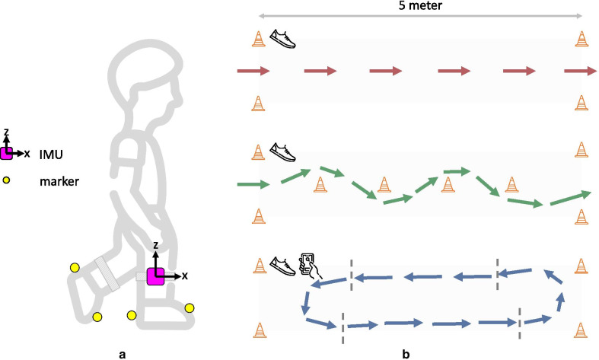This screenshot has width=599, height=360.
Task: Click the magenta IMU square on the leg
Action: [x=156, y=276]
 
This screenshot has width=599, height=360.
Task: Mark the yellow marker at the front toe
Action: [x=190, y=307]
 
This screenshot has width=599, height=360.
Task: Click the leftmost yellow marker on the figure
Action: [x=75, y=267]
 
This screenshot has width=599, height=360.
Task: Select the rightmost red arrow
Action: [x=580, y=72]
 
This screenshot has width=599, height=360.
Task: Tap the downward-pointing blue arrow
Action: [x=306, y=302]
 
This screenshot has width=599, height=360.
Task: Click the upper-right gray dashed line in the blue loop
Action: [x=497, y=268]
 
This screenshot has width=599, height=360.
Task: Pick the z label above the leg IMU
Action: [x=155, y=247]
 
